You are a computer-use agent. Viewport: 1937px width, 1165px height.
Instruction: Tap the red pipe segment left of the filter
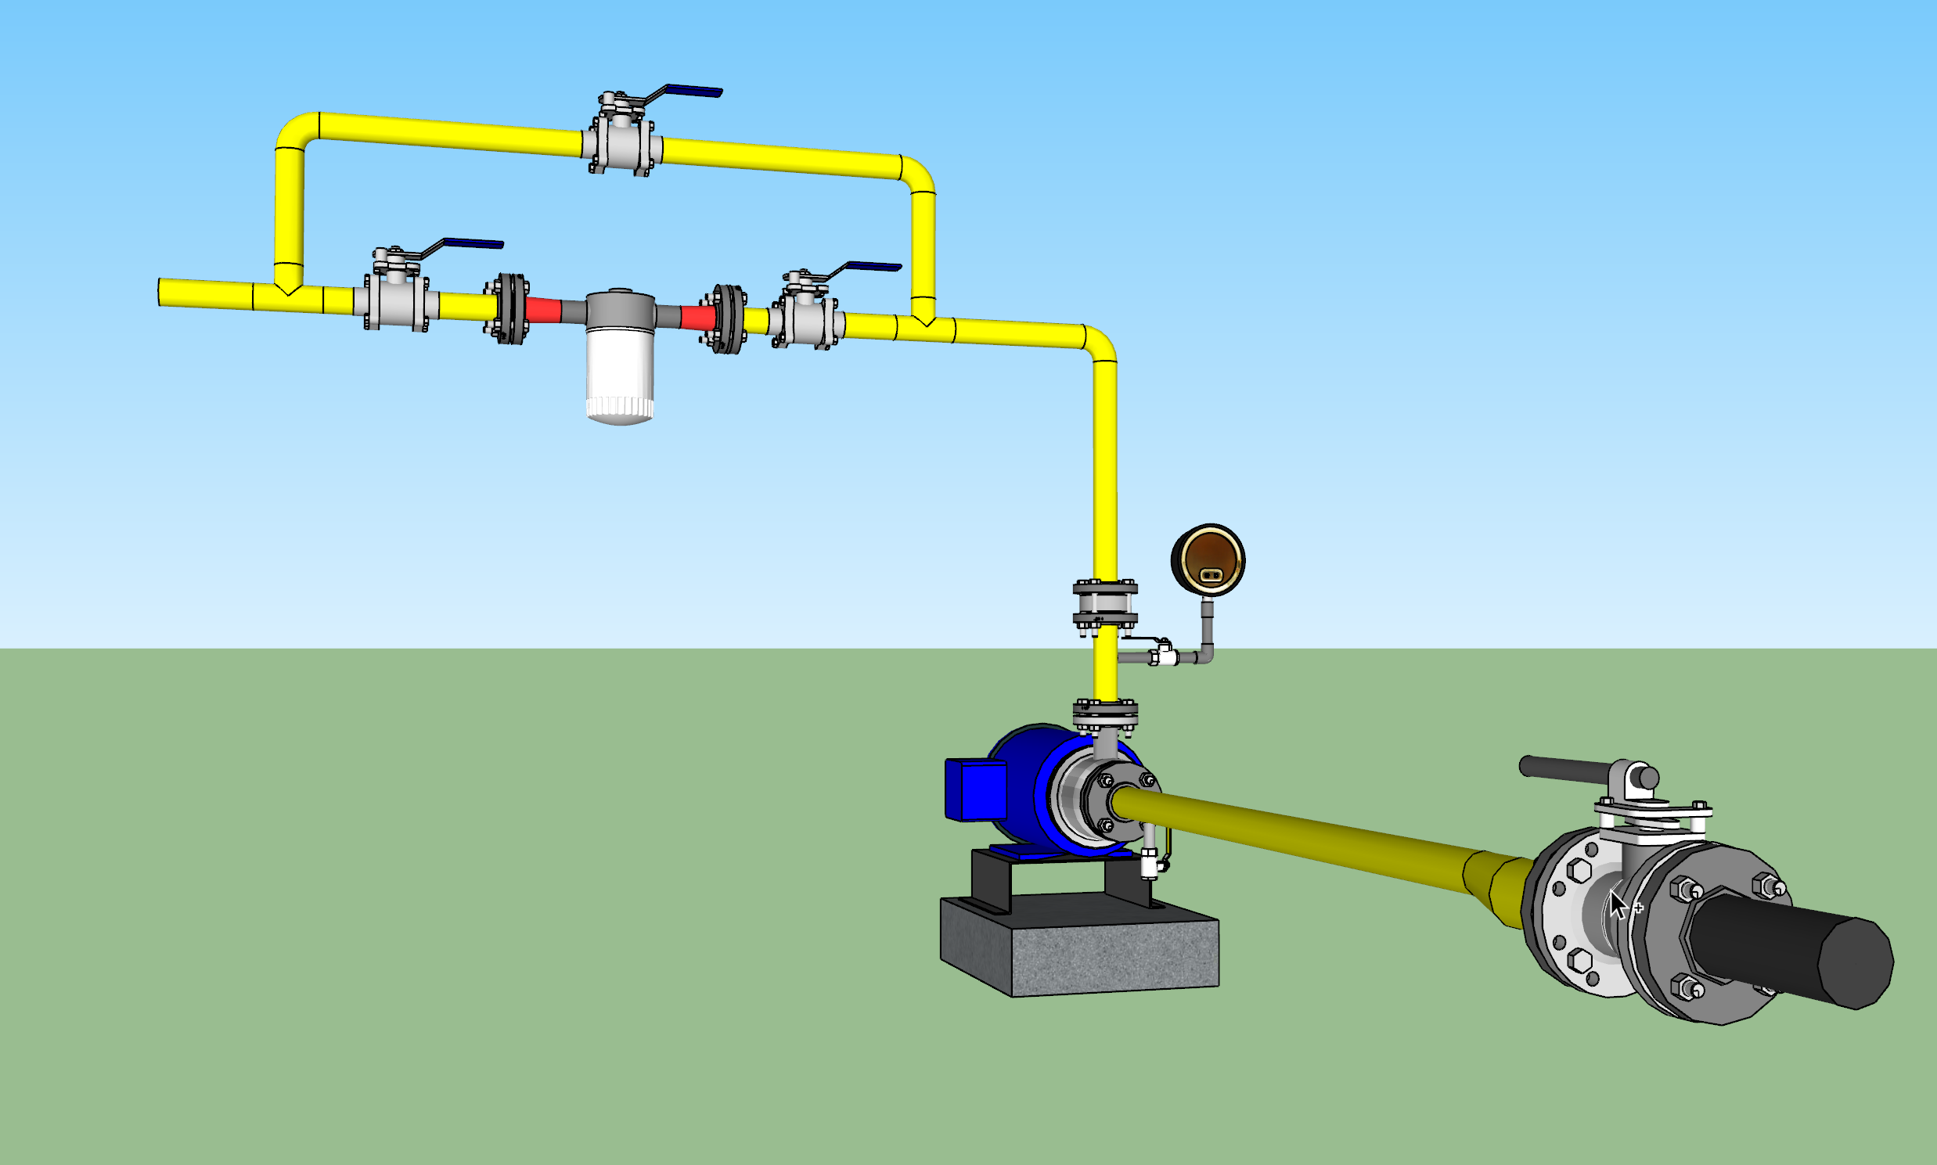point(543,309)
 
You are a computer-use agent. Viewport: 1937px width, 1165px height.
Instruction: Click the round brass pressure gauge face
point(1208,559)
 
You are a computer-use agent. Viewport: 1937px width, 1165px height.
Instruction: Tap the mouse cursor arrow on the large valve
point(1617,905)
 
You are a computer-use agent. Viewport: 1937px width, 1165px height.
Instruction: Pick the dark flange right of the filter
point(729,318)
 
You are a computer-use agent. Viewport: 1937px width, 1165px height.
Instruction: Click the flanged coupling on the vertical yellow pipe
point(1105,606)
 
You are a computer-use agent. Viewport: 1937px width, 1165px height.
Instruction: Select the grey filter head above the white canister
point(620,309)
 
